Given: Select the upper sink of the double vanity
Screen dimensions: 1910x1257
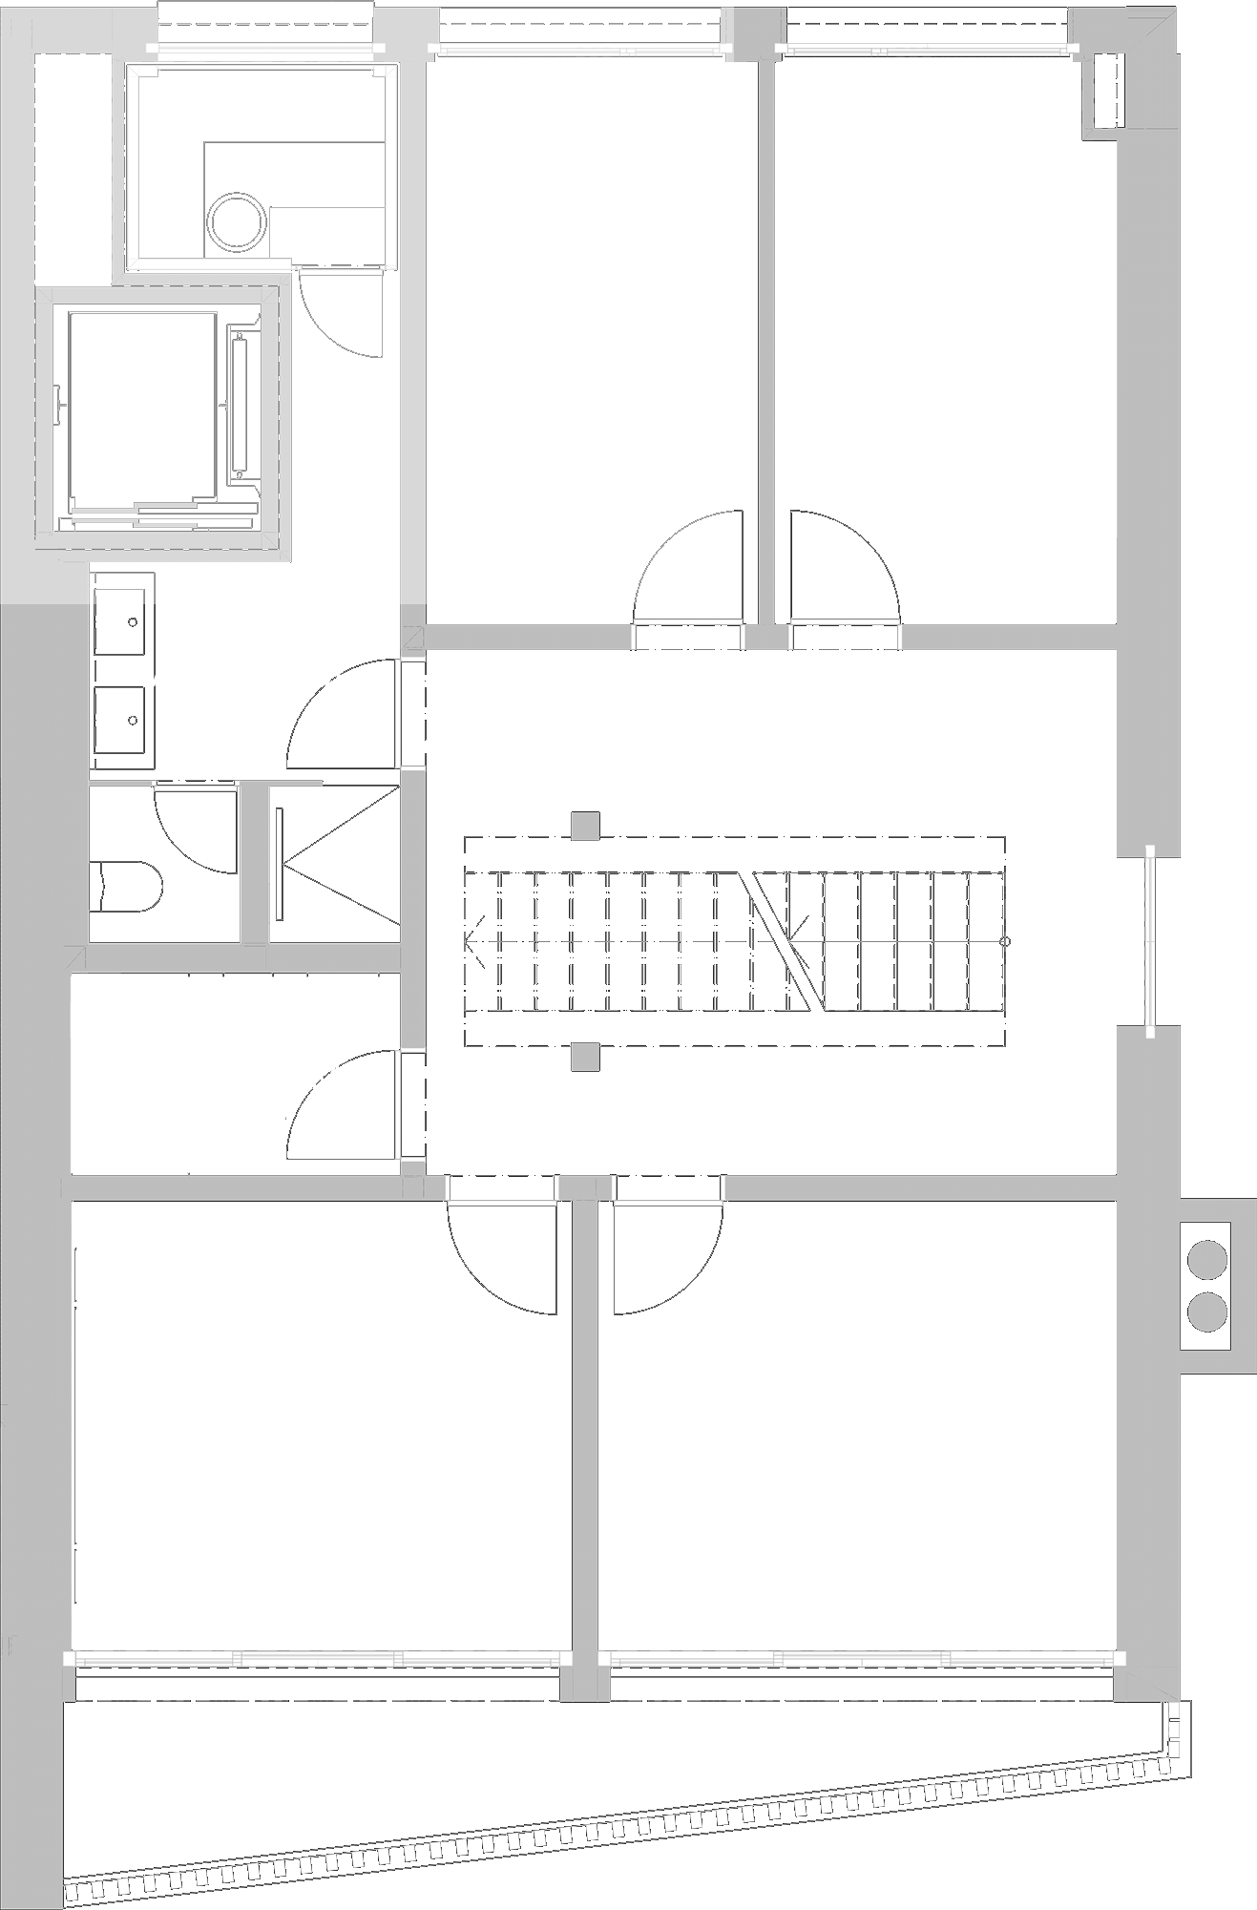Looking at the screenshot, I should tap(123, 621).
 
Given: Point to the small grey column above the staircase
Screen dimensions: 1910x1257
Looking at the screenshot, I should tap(584, 826).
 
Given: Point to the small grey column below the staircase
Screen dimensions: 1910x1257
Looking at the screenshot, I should tap(584, 1057).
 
